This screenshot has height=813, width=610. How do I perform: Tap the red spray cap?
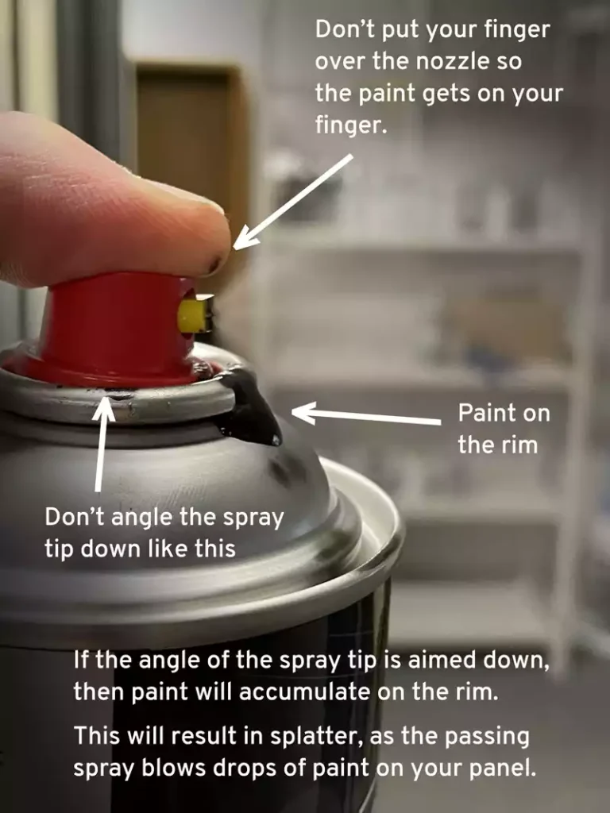tap(119, 326)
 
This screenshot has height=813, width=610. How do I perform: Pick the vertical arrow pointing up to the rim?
tap(102, 445)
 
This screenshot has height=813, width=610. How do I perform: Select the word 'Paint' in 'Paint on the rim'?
tap(485, 413)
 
